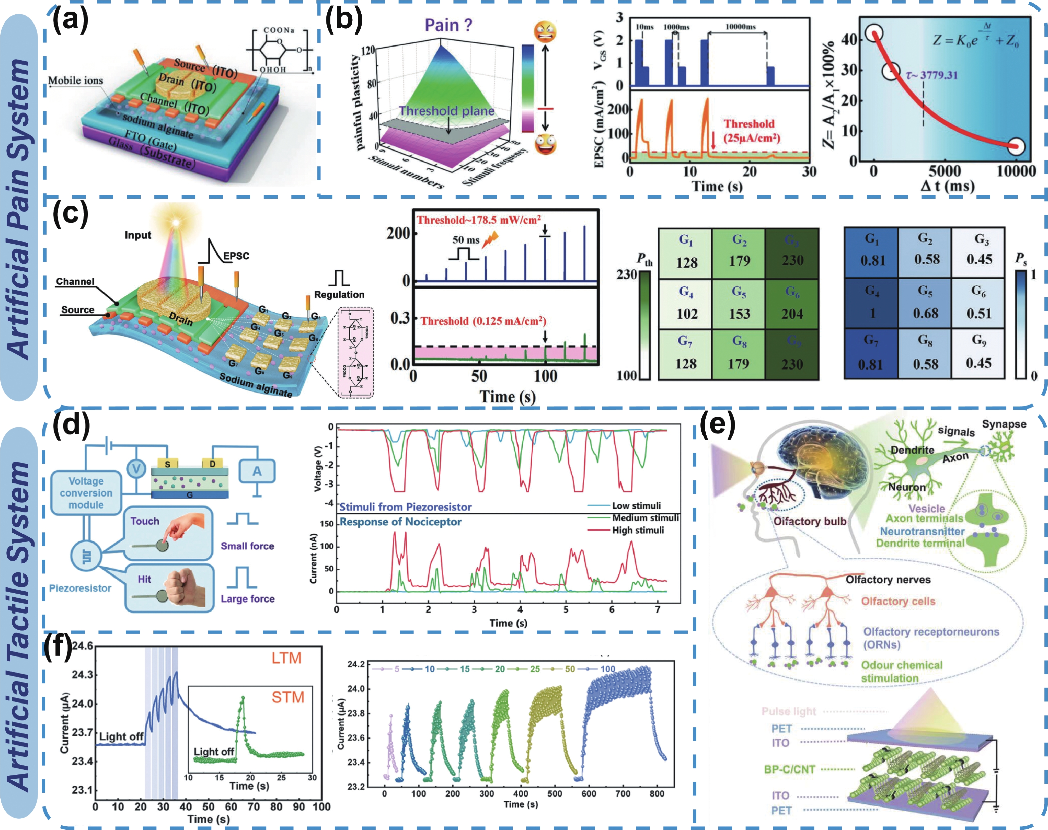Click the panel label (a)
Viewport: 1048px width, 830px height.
click(x=71, y=22)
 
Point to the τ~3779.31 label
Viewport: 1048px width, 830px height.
click(x=932, y=75)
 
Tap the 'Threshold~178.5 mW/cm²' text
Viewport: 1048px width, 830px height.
click(x=478, y=220)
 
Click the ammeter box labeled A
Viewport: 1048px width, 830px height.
click(x=257, y=470)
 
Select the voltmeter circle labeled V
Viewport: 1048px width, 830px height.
click(x=136, y=468)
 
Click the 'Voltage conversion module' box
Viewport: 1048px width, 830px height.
click(x=86, y=493)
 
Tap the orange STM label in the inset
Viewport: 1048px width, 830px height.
click(x=287, y=697)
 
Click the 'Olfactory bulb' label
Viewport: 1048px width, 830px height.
click(x=809, y=521)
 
